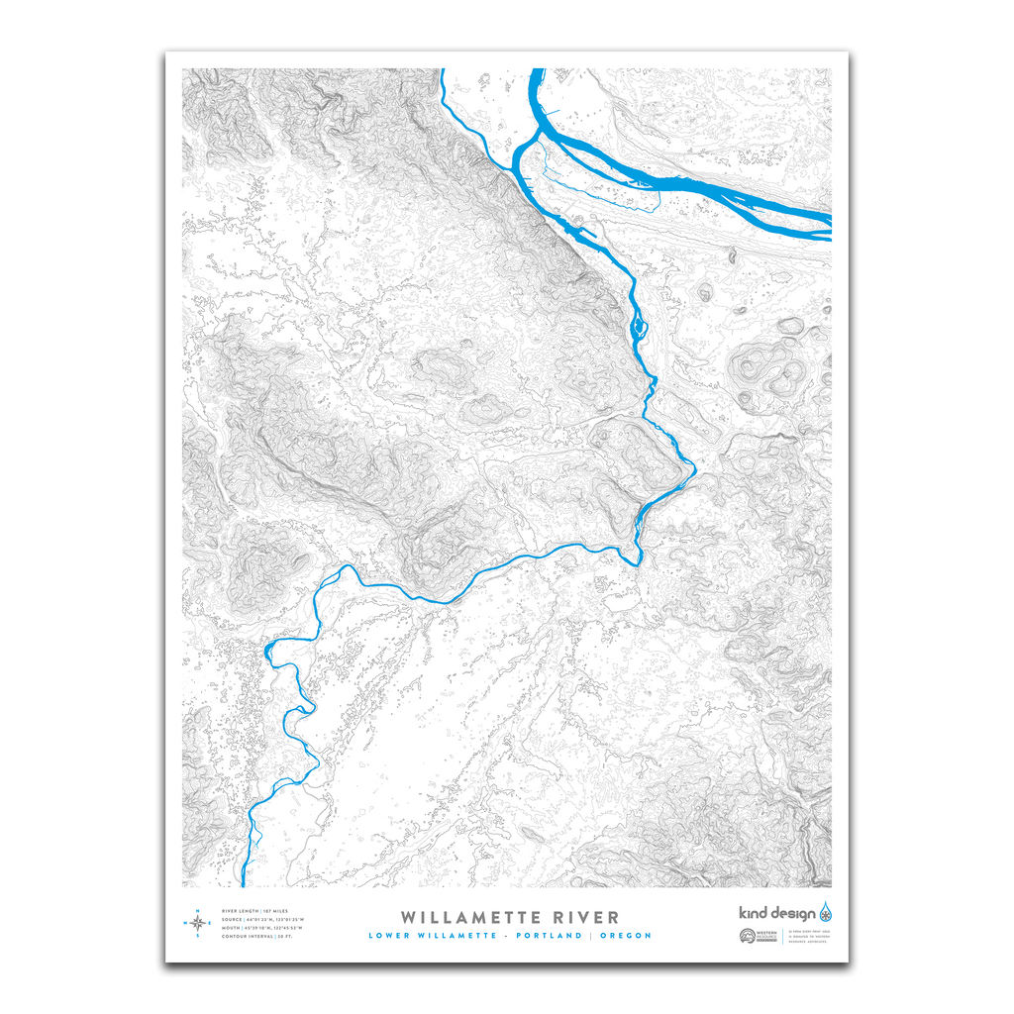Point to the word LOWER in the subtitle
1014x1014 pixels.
point(390,936)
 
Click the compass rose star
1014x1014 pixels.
point(198,923)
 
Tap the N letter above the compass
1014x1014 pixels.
point(198,910)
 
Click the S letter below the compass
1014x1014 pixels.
point(198,936)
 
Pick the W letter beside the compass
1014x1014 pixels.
point(184,923)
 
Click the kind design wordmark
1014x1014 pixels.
point(778,913)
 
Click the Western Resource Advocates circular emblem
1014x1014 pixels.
point(747,937)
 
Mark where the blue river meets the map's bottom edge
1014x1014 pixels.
point(244,884)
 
